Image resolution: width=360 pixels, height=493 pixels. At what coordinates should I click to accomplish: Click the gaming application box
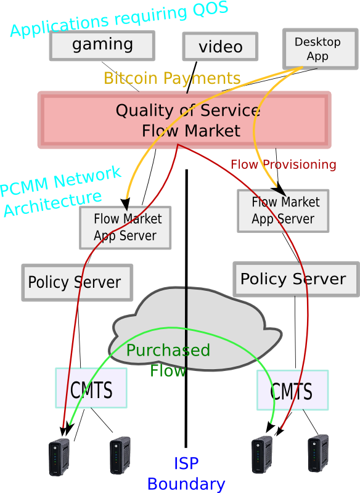[x=102, y=46]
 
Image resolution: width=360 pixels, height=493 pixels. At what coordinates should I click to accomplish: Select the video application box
[x=220, y=46]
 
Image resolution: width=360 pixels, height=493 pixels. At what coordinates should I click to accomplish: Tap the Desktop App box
[x=321, y=49]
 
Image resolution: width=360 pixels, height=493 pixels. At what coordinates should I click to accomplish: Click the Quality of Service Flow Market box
[x=184, y=120]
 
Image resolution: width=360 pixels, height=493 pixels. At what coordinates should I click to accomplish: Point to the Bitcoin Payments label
[x=172, y=78]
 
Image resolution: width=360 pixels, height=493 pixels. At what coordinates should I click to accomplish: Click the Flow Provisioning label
[x=284, y=164]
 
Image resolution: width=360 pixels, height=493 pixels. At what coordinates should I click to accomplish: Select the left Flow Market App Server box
[x=125, y=227]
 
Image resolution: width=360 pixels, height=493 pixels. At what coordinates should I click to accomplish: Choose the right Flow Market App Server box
[x=283, y=211]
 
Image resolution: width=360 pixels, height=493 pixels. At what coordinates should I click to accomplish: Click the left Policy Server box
[x=77, y=283]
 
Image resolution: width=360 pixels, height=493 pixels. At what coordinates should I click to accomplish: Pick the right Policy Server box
[x=296, y=279]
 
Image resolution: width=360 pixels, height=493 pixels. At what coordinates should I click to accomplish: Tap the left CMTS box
[x=91, y=388]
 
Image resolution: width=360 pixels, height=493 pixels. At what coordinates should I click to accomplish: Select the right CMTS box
[x=292, y=390]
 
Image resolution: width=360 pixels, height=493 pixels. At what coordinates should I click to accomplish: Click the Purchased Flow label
[x=168, y=361]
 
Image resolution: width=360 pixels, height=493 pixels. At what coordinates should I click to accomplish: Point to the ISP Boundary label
[x=186, y=474]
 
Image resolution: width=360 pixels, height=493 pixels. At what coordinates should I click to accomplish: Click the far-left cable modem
[x=59, y=457]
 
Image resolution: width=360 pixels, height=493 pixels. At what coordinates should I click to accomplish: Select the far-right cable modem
[x=318, y=453]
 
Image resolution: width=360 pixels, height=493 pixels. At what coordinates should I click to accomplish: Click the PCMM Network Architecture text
[x=60, y=191]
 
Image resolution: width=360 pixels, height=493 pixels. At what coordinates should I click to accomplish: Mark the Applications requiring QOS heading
[x=119, y=18]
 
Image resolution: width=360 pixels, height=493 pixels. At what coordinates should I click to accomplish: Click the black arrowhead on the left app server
[x=126, y=205]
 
